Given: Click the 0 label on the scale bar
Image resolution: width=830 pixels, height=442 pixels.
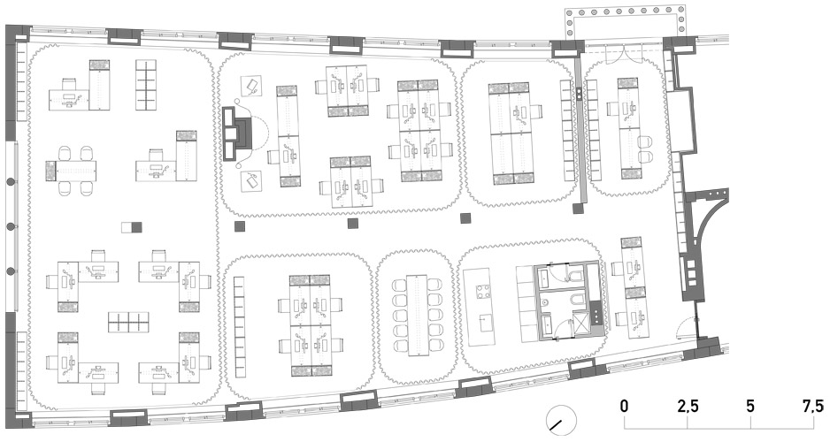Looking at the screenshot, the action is (625, 406).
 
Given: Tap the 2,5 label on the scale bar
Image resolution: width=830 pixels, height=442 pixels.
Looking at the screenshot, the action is (688, 406).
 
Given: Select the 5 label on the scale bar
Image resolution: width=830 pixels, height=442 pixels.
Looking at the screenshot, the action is (750, 406).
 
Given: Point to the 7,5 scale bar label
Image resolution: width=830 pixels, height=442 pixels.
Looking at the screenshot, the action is (813, 406).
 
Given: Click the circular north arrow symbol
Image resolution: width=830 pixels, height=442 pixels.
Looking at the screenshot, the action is (561, 420).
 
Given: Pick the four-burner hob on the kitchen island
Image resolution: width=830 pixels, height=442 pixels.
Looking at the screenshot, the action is (483, 292).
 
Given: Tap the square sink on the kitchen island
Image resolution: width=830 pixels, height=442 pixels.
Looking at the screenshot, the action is (484, 322).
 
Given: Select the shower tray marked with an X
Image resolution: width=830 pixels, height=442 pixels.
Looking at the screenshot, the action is (581, 322).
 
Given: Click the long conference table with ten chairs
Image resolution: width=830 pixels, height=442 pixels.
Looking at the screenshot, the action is (419, 315).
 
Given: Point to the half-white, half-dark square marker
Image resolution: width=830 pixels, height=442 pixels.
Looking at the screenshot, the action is (132, 227).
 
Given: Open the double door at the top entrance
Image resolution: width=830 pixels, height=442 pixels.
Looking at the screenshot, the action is (625, 55).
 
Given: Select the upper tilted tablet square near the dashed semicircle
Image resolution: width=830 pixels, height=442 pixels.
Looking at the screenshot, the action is (252, 85).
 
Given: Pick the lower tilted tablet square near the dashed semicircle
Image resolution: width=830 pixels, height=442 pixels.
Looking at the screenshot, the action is (252, 181).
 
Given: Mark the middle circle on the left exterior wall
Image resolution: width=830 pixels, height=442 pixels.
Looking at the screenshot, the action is (10, 226).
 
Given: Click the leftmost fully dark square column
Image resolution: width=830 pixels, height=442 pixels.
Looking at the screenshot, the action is (240, 226).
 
